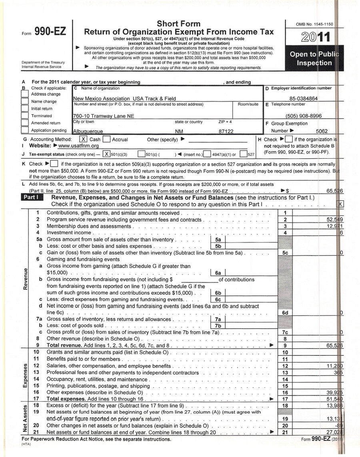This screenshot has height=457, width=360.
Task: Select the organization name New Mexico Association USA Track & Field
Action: [118, 98]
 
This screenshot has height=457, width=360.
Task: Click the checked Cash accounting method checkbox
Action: [83, 140]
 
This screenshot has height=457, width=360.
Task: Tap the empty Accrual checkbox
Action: [106, 140]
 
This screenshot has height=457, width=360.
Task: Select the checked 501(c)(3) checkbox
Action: [106, 154]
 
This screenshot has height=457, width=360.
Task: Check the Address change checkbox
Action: [25, 94]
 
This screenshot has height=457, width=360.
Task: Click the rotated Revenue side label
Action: [26, 279]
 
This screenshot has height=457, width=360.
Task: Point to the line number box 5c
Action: [285, 253]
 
